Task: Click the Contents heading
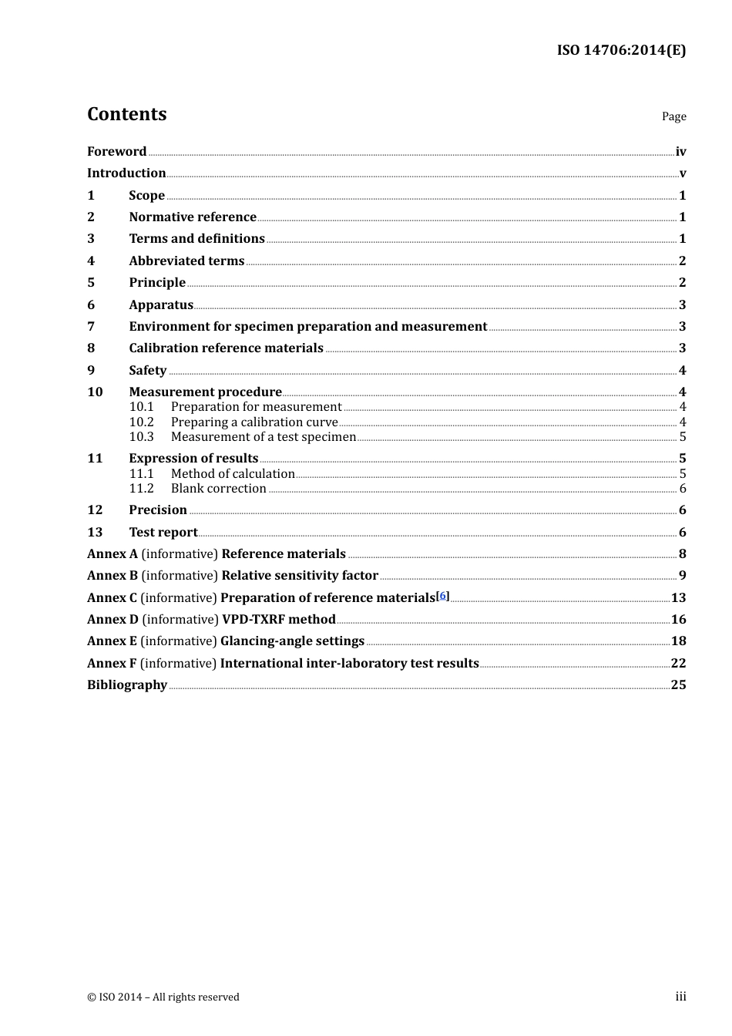[x=126, y=114]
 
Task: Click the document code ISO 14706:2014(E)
[x=621, y=50]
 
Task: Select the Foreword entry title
[x=116, y=151]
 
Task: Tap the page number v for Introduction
[x=682, y=173]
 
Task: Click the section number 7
[x=91, y=326]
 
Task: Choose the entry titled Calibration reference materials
[x=226, y=348]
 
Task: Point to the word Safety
[x=147, y=370]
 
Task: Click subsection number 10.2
[x=141, y=422]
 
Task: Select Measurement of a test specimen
[x=263, y=437]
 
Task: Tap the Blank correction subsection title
[x=218, y=489]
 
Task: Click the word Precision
[x=158, y=510]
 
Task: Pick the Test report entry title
[x=163, y=532]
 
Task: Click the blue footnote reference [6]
[x=442, y=595]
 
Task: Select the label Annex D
[x=112, y=619]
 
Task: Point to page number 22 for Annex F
[x=678, y=663]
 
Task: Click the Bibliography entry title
[x=127, y=684]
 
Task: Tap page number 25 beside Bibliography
[x=678, y=684]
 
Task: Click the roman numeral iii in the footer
[x=680, y=997]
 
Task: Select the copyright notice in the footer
[x=163, y=997]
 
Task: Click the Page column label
[x=673, y=116]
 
